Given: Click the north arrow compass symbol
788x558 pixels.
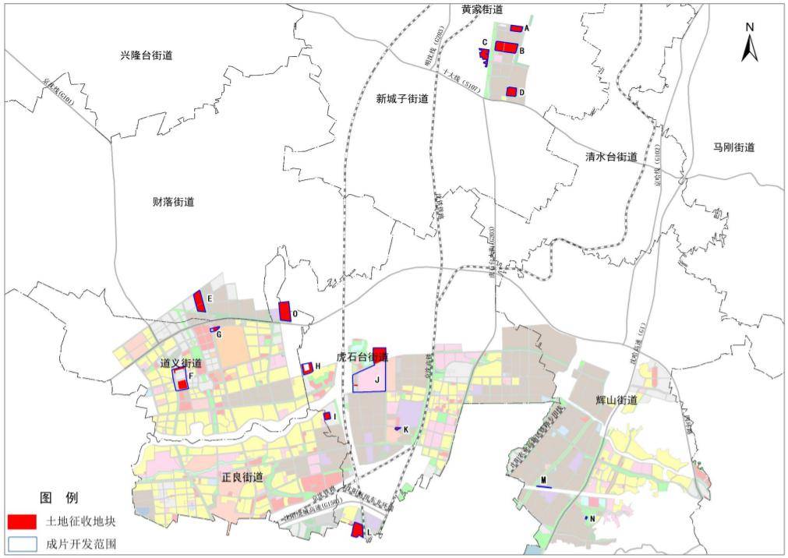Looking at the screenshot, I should point(749,43).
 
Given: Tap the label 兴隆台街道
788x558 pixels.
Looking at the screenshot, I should point(146,56).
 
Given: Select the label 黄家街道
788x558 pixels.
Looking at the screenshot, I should point(482,9).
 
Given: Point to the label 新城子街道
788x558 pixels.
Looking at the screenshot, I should point(402,99).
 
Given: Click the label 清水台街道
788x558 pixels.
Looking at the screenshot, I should point(612,157).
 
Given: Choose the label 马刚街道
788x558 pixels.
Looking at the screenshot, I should point(733,147).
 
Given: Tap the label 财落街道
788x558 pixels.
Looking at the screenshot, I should point(173,202).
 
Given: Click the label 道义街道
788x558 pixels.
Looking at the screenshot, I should point(182,363).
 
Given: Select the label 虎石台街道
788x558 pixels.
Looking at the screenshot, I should point(362,356).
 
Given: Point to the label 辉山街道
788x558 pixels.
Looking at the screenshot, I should point(617,400).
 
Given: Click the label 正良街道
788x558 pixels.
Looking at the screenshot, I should point(242,477).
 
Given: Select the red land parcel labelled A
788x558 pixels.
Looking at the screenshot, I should point(516,28).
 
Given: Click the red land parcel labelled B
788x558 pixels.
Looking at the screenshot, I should point(506,47).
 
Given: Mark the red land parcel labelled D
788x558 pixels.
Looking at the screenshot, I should point(511,92).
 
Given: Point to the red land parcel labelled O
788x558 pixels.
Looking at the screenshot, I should point(285,310).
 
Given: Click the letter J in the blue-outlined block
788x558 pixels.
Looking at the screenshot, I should point(376,380).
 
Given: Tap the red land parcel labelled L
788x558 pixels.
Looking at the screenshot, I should point(357,530).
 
